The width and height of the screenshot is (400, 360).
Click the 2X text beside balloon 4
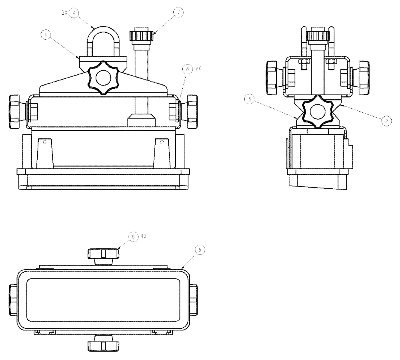pos(64,13)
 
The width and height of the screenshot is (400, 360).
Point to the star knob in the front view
pos(103,78)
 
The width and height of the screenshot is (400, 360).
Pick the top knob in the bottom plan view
pos(103,254)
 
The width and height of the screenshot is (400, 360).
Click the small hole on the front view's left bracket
pos(45,141)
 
